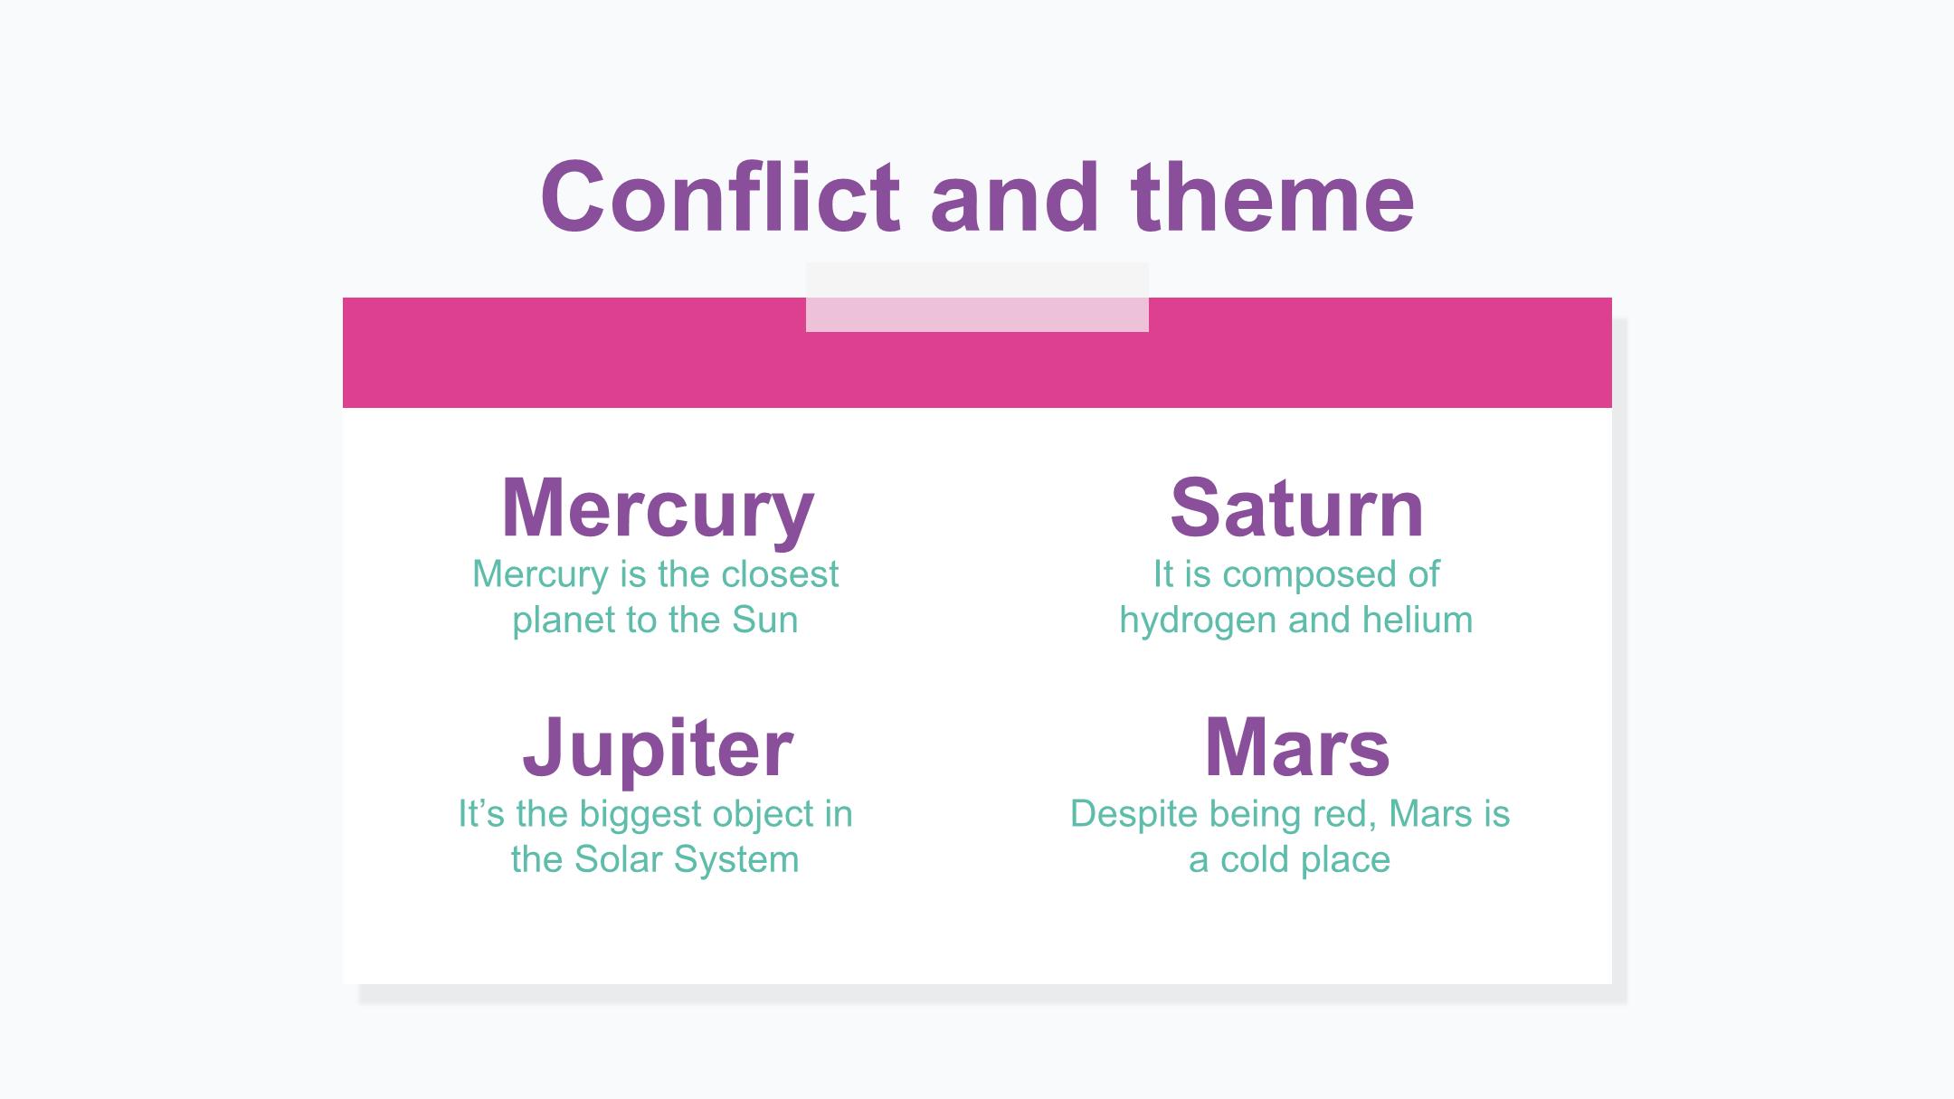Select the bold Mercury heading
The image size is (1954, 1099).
pos(658,509)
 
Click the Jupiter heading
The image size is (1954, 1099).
pos(658,748)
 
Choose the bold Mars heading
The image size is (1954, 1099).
pos(1296,747)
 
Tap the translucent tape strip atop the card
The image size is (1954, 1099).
pos(977,298)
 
